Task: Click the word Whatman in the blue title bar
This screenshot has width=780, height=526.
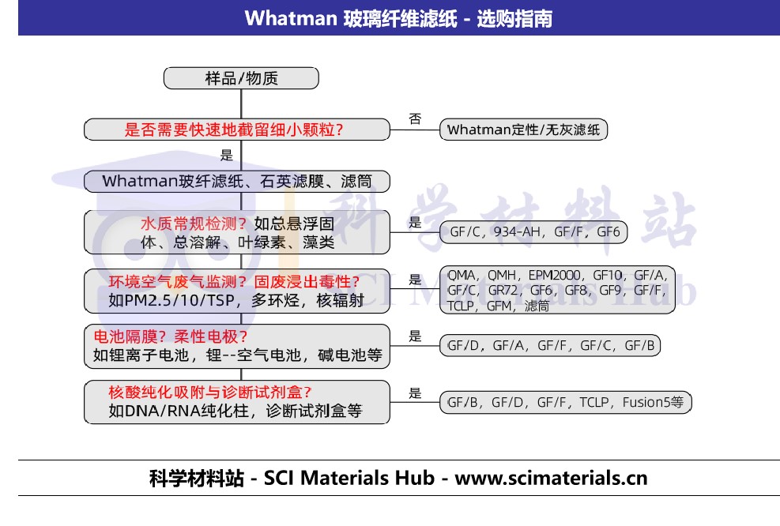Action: [291, 18]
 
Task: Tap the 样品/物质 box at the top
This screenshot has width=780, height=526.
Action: [241, 78]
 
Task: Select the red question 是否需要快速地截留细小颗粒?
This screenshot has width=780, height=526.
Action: [234, 130]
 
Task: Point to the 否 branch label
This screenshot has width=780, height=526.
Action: [415, 118]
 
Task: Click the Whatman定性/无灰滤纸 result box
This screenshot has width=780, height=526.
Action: [523, 130]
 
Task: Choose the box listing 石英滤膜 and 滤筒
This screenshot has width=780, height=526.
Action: [237, 182]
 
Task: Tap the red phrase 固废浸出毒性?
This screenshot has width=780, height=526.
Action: [307, 282]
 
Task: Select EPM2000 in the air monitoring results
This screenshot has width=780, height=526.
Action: [554, 275]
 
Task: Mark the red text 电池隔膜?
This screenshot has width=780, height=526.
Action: [130, 336]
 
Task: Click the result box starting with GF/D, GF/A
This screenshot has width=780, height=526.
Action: [550, 345]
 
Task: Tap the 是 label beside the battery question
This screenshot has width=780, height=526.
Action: [416, 336]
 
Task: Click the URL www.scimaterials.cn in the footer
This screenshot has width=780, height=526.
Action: [551, 479]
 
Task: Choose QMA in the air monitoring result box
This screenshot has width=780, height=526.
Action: [462, 275]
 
